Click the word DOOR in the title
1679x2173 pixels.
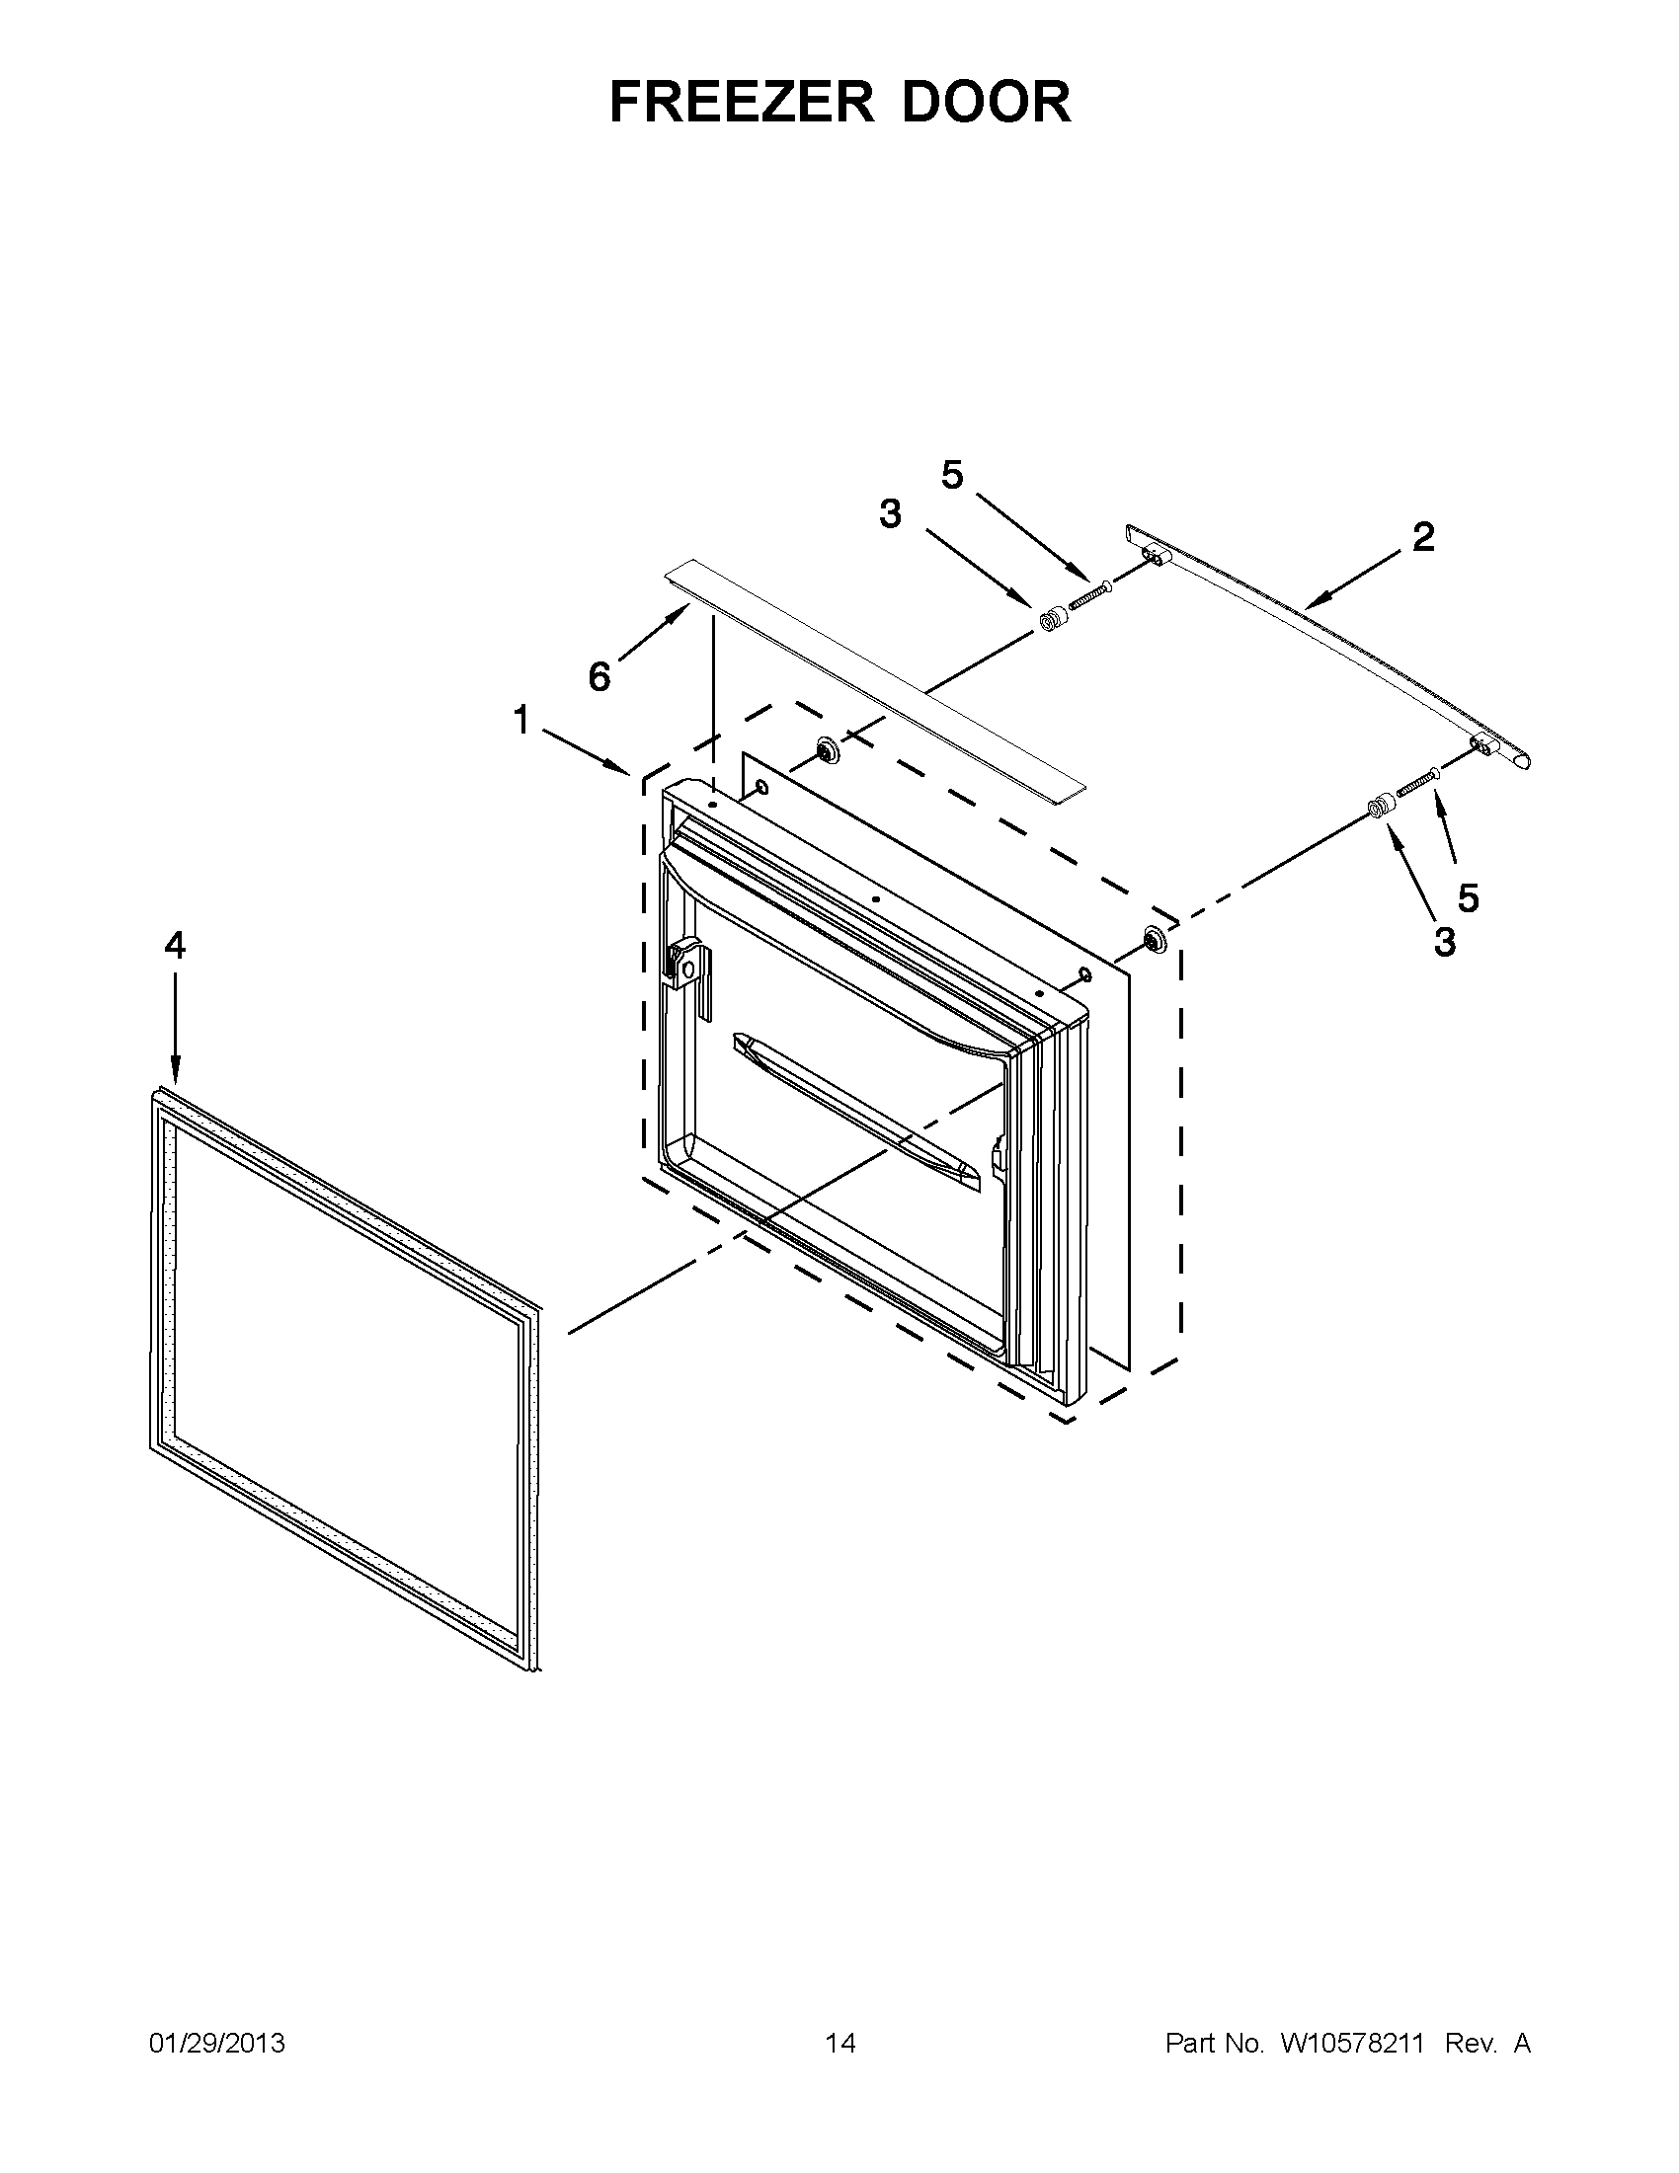(x=987, y=102)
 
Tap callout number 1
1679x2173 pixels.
(x=521, y=719)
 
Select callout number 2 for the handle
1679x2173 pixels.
(x=1423, y=537)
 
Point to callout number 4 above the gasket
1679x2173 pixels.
(x=175, y=945)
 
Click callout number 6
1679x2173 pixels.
(x=600, y=677)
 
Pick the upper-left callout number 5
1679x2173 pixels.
(x=952, y=476)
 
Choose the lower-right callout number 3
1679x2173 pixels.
(x=1445, y=940)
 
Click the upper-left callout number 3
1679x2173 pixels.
(x=890, y=514)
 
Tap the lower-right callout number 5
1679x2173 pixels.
(x=1468, y=898)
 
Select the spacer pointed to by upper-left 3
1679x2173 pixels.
(x=1051, y=620)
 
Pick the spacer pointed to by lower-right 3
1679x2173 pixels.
(x=1377, y=807)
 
